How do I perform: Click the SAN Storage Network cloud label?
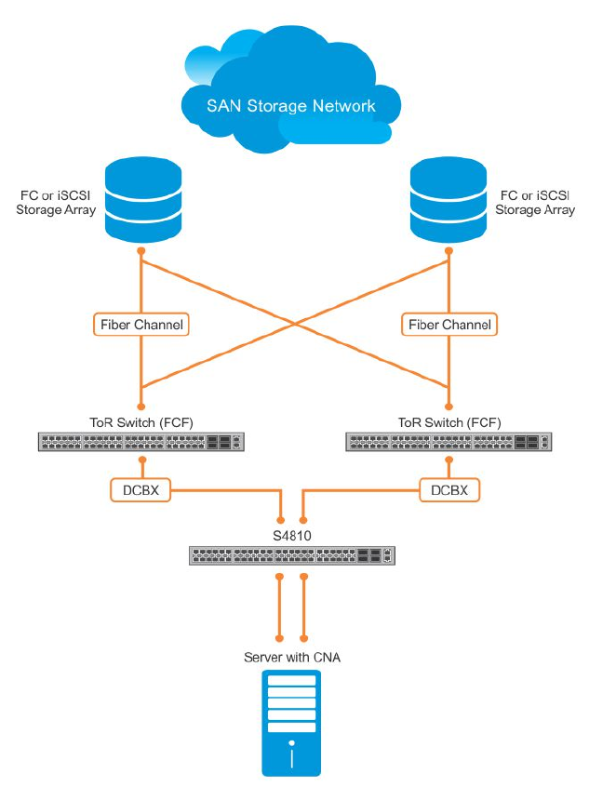(290, 106)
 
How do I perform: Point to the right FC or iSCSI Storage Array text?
(534, 203)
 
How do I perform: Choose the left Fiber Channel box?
(141, 325)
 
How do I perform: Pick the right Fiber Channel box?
(448, 325)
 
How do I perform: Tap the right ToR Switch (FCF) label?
(448, 422)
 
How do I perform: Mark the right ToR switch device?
(448, 442)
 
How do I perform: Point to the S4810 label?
(291, 537)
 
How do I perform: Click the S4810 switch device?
(291, 556)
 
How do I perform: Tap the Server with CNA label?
(291, 658)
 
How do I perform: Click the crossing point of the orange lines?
(295, 324)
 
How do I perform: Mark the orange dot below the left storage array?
(141, 251)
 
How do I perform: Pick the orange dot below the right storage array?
(448, 251)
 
